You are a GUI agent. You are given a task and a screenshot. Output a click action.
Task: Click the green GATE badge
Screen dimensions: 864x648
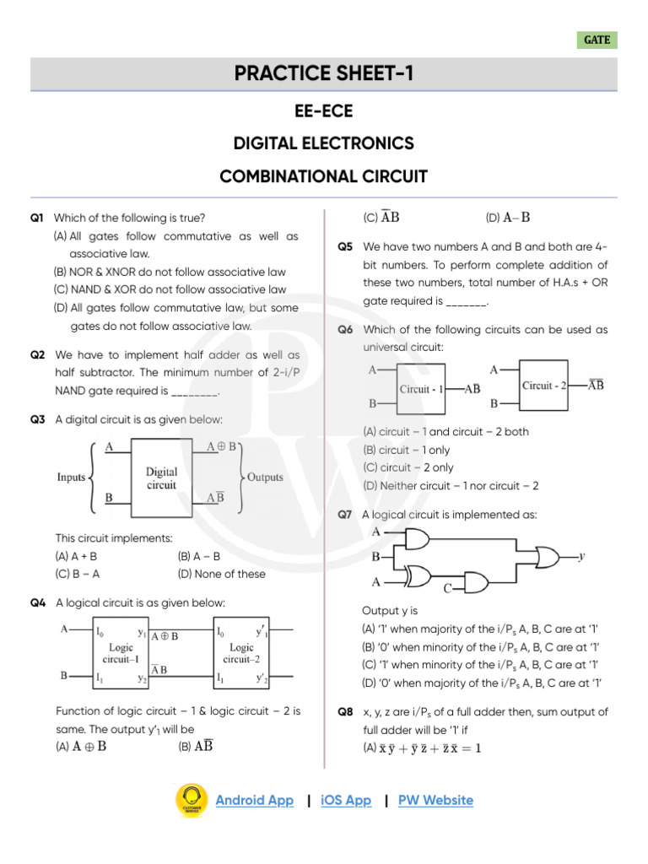597,40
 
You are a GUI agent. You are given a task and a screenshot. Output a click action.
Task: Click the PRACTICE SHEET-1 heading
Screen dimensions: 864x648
324,74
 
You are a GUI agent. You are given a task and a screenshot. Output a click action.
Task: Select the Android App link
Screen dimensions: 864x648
255,800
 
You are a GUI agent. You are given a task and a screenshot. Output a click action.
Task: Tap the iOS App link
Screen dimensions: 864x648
346,800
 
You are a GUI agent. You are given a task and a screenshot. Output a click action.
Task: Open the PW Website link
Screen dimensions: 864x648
435,800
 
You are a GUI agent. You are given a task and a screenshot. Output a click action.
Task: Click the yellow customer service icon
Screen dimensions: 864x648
192,801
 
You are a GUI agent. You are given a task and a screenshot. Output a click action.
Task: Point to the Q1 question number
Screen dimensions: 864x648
36,218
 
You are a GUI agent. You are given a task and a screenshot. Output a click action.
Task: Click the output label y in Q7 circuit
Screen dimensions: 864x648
581,557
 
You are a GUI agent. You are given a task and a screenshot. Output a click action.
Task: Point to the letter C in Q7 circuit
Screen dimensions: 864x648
448,587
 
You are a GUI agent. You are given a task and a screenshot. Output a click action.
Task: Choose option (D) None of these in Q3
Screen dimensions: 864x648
221,574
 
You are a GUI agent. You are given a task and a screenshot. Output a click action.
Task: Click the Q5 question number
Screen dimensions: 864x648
345,246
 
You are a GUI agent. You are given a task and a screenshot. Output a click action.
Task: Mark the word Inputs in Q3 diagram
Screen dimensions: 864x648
72,478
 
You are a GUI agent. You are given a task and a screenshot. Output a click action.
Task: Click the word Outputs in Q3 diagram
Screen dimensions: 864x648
265,478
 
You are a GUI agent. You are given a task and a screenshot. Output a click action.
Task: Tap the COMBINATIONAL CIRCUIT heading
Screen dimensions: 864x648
324,176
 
